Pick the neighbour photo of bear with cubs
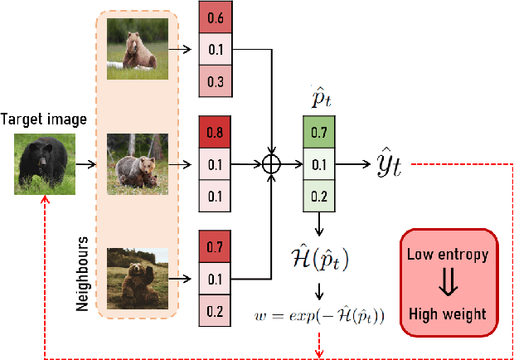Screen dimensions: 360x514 138,163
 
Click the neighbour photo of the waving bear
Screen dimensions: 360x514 138,278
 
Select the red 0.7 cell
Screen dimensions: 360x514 215,246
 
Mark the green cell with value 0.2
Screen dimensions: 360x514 318,195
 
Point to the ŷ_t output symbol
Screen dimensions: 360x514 385,164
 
